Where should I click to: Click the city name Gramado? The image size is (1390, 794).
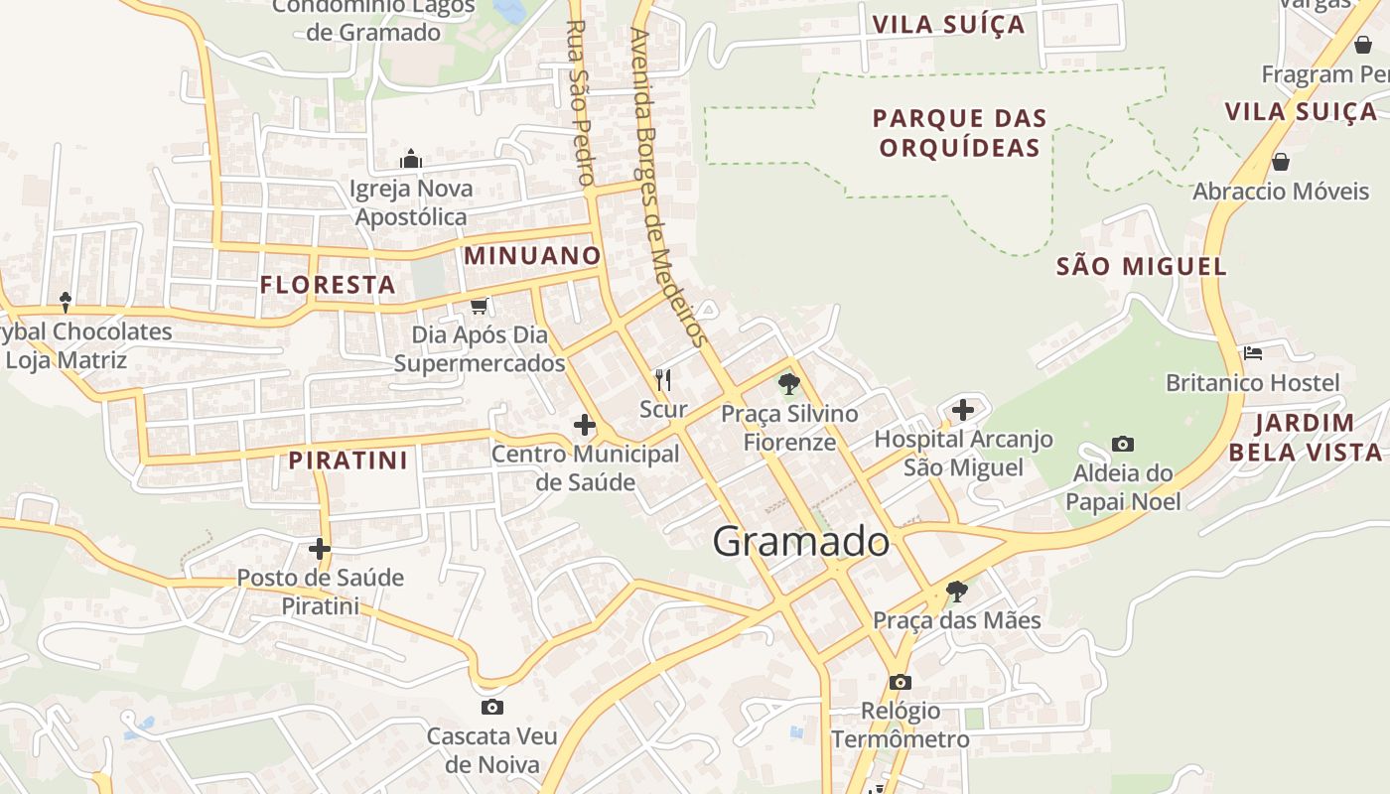coord(800,542)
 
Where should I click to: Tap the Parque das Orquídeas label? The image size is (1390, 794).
coord(959,133)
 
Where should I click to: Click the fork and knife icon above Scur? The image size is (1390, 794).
coord(663,379)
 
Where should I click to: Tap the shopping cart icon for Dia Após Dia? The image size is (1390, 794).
coord(480,305)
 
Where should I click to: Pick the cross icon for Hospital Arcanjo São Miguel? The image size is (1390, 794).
coord(962,409)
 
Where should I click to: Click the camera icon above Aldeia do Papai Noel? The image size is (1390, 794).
coord(1123,444)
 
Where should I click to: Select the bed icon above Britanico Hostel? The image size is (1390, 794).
coord(1252,352)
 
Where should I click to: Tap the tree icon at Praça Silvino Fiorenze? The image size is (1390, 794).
coord(789,383)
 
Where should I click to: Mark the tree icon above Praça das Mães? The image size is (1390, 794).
coord(956,592)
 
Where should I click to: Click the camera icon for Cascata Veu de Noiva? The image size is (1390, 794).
coord(491,707)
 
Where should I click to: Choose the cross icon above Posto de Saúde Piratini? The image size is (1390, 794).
coord(319,548)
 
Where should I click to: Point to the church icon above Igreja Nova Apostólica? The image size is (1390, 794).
coord(411,159)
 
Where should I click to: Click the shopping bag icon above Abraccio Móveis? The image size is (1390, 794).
coord(1281,161)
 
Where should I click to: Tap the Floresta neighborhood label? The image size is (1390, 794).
coord(328,286)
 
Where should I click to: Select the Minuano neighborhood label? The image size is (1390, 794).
coord(532,256)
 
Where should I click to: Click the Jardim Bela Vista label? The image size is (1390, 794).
coord(1305,438)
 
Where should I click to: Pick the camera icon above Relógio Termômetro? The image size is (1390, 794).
coord(901,682)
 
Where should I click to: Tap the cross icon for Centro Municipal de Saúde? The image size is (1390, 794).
coord(585,426)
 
